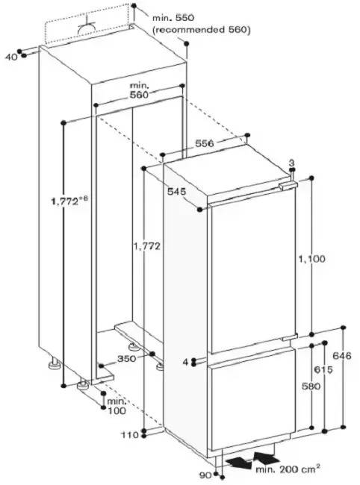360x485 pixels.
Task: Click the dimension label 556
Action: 205,143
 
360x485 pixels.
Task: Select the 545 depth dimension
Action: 177,192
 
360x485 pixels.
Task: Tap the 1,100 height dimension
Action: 311,258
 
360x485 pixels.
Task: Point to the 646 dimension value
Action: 342,356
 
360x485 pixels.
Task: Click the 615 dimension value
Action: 323,369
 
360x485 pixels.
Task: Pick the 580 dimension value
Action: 311,386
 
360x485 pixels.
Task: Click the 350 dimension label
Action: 127,359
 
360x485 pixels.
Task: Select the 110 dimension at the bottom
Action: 130,435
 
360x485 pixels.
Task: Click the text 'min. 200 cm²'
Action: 288,469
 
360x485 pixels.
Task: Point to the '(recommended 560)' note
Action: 202,30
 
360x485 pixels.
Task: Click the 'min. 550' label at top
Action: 173,18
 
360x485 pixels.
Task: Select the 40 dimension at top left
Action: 12,57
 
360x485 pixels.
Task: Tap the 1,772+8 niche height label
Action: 69,201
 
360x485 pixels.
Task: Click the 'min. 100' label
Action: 117,406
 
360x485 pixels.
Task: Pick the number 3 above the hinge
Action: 291,163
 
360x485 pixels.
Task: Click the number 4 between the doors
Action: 185,362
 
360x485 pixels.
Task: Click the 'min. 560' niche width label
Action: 139,90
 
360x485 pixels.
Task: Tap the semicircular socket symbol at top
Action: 86,28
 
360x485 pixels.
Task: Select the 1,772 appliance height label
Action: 146,246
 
